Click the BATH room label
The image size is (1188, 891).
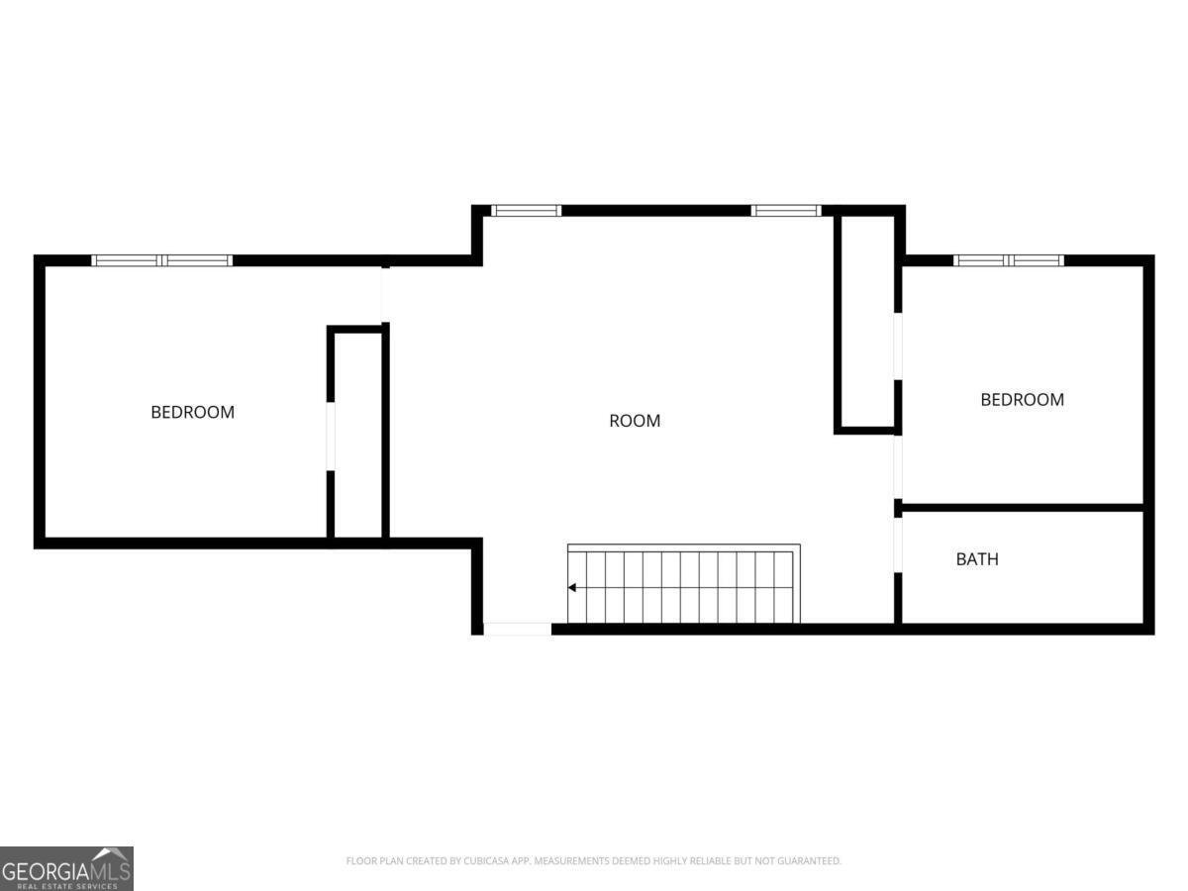977,558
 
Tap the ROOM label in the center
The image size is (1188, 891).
635,421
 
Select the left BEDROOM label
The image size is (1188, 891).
193,412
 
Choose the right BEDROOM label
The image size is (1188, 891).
1022,400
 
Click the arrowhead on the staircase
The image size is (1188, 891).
571,587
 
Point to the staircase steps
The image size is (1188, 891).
683,584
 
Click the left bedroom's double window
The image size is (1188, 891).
161,260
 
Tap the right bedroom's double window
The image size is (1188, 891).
1009,260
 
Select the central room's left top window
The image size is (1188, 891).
526,211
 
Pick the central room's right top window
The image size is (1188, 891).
786,211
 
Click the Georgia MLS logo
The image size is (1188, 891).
66,868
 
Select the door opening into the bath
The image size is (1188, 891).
898,544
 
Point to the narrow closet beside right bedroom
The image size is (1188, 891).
866,323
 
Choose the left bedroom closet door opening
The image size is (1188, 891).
330,436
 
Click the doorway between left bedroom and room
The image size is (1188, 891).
385,295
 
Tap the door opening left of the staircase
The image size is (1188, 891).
518,629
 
